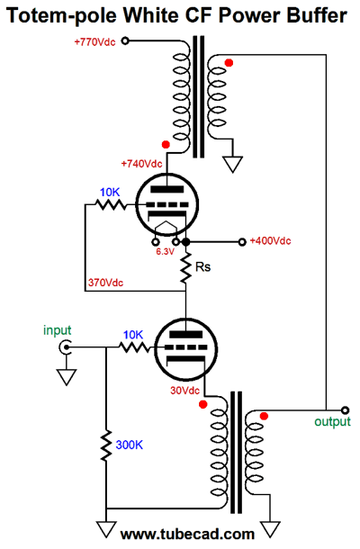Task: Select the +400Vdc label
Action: pyautogui.click(x=271, y=241)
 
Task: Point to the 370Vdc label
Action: pyautogui.click(x=106, y=282)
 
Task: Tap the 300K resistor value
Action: pyautogui.click(x=127, y=444)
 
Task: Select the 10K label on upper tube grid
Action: pyautogui.click(x=110, y=193)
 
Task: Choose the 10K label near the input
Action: pyautogui.click(x=132, y=334)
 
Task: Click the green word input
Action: pyautogui.click(x=56, y=330)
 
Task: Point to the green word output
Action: pyautogui.click(x=332, y=421)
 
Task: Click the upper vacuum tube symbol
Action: pyautogui.click(x=161, y=206)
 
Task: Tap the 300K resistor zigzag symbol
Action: pyautogui.click(x=106, y=444)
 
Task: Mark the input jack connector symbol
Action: pyautogui.click(x=65, y=346)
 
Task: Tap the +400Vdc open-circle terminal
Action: pyautogui.click(x=241, y=242)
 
